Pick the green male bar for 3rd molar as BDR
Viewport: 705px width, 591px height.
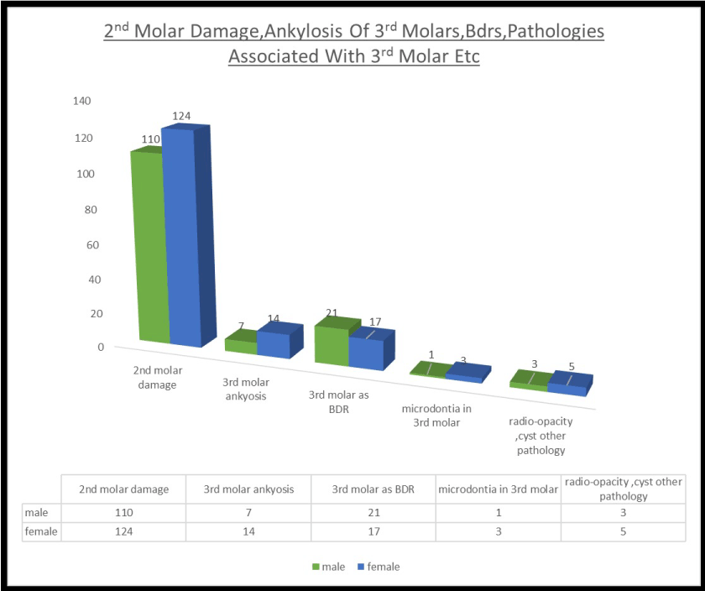coord(331,344)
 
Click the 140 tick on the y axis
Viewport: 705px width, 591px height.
coord(81,101)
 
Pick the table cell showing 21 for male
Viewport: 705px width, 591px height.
coord(372,511)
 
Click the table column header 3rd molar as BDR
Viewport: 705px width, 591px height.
coord(372,489)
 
